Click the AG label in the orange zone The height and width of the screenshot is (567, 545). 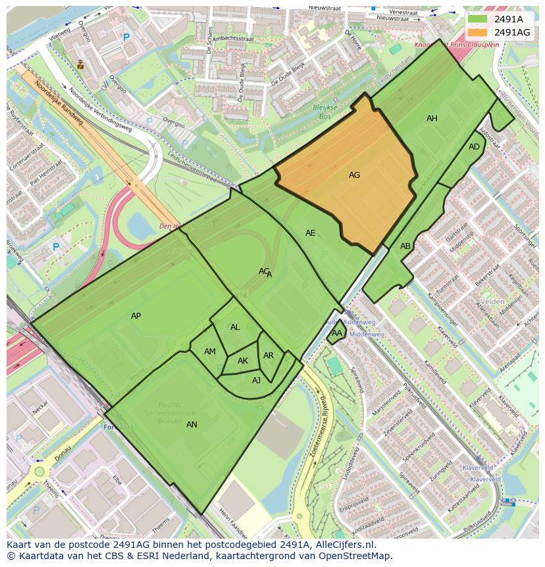pyautogui.click(x=354, y=175)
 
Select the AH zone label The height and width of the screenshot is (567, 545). pyautogui.click(x=432, y=119)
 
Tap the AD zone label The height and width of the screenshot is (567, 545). pyautogui.click(x=474, y=147)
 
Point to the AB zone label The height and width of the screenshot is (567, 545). pyautogui.click(x=405, y=246)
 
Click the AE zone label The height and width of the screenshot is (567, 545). pyautogui.click(x=311, y=233)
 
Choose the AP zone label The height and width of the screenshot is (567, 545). pyautogui.click(x=136, y=316)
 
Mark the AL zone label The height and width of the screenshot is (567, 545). pyautogui.click(x=235, y=327)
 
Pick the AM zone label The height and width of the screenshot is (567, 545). pyautogui.click(x=210, y=352)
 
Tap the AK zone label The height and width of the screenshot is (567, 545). pyautogui.click(x=243, y=361)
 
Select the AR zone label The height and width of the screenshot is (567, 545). pyautogui.click(x=269, y=356)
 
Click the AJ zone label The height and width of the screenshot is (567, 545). pyautogui.click(x=256, y=380)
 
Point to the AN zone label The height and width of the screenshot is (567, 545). pyautogui.click(x=192, y=425)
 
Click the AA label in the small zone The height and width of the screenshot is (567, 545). pyautogui.click(x=336, y=333)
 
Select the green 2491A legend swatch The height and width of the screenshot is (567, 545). pyautogui.click(x=479, y=19)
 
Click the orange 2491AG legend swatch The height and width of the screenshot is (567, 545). pyautogui.click(x=479, y=32)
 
